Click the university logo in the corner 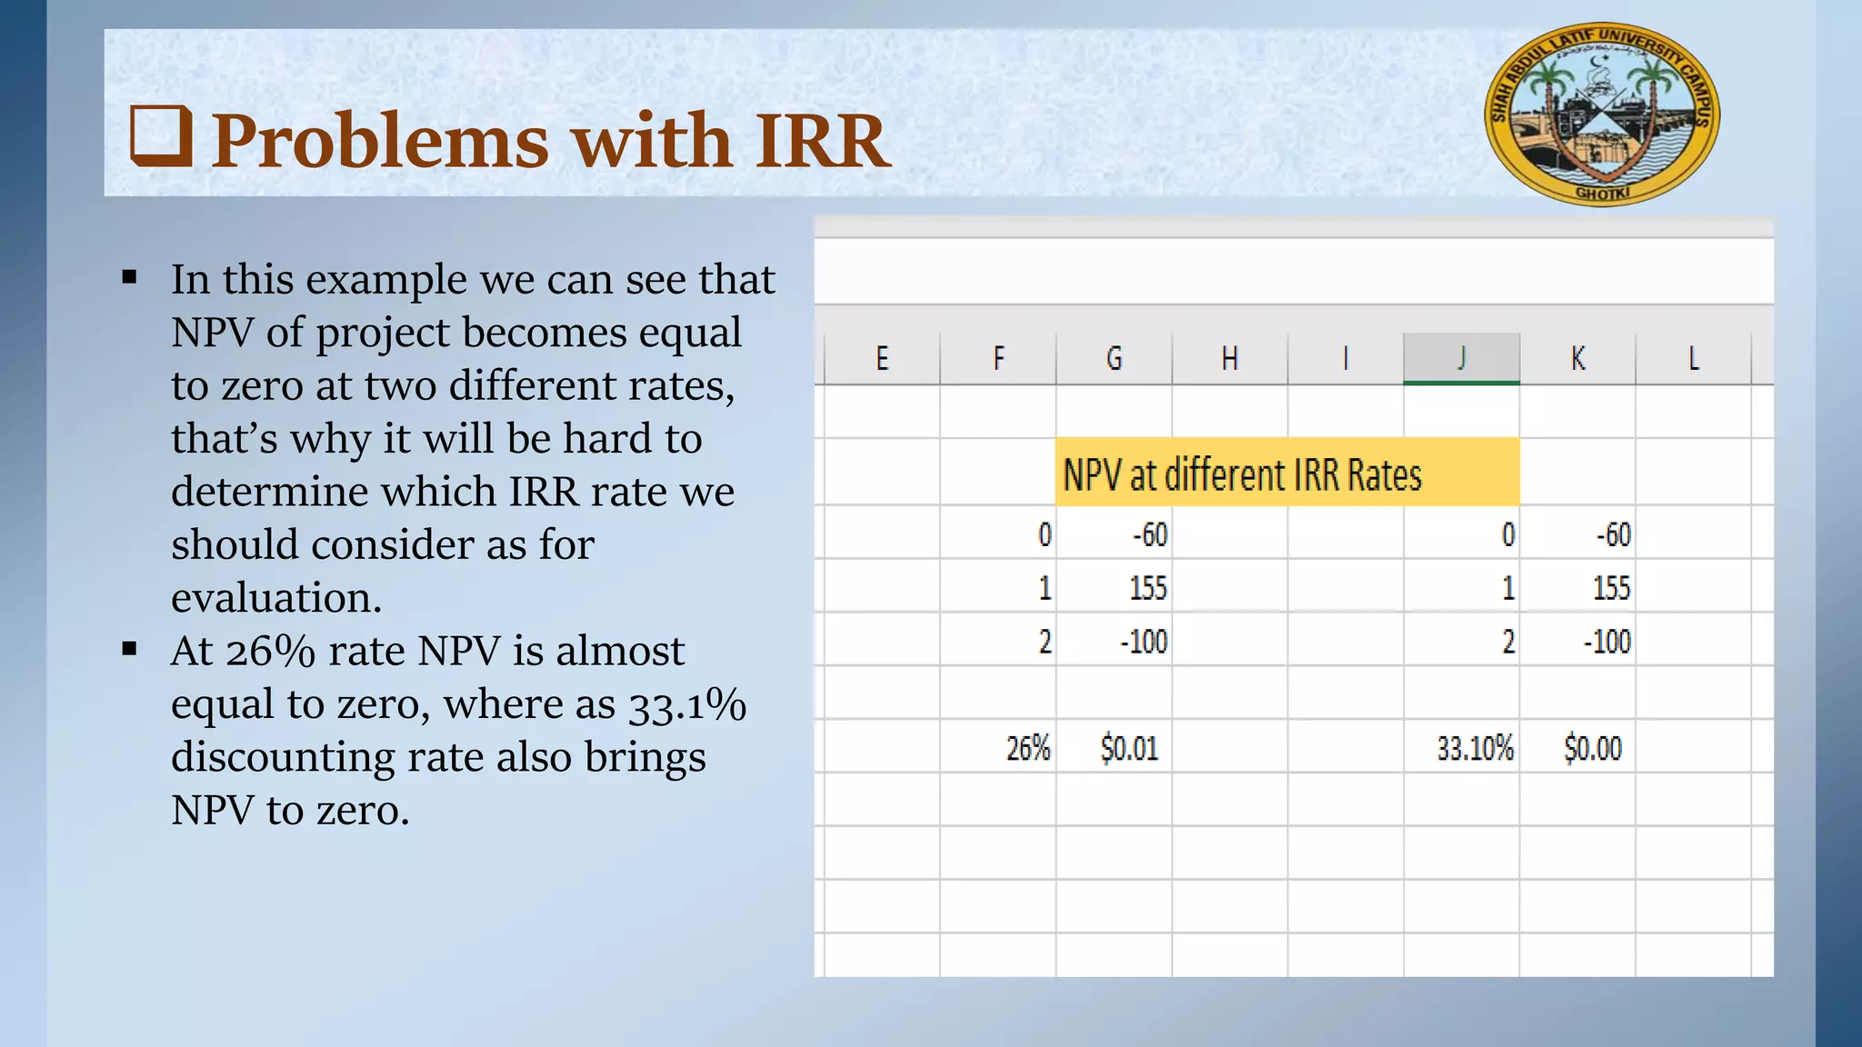(x=1602, y=114)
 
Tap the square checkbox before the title (x=161, y=135)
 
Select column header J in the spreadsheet (x=1461, y=358)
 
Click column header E (x=882, y=358)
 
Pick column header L (x=1693, y=358)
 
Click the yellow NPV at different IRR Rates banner (x=1286, y=474)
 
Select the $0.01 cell (x=1129, y=749)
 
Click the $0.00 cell (x=1592, y=749)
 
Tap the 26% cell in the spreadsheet (x=1027, y=749)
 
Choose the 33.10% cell (x=1475, y=749)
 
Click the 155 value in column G (x=1147, y=588)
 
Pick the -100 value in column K (x=1607, y=642)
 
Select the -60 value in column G (x=1149, y=534)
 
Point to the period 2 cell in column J (x=1507, y=642)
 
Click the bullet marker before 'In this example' (x=129, y=277)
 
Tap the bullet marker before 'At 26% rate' (x=129, y=649)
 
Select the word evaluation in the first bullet (x=276, y=598)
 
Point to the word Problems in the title (x=380, y=141)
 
